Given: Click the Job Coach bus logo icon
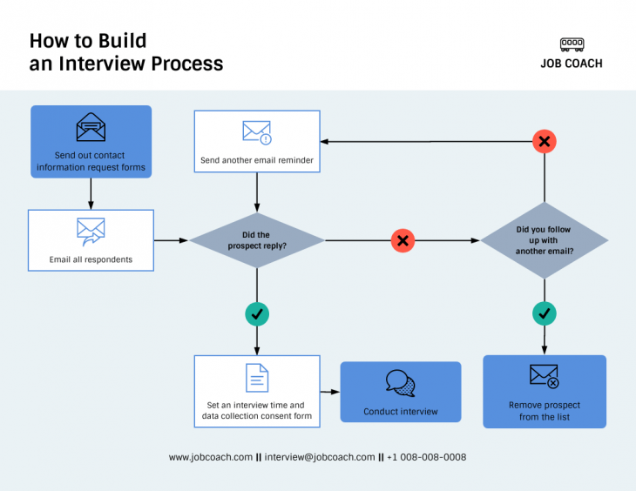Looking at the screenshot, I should click(x=572, y=44).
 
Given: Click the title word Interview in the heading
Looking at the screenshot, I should click(x=102, y=64).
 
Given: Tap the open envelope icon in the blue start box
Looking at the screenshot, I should click(x=91, y=128).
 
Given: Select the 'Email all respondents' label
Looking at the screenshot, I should click(x=91, y=259).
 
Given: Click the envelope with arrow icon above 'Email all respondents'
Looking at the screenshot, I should click(x=91, y=231).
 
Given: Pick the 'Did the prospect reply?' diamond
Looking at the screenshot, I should click(x=256, y=240).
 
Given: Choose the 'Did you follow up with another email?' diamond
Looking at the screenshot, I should click(x=545, y=240).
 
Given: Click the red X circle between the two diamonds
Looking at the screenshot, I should click(x=402, y=240).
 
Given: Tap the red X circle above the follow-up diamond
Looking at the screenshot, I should click(x=545, y=141).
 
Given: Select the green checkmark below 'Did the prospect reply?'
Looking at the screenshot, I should click(x=256, y=313).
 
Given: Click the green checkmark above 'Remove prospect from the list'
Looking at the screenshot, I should click(x=545, y=313).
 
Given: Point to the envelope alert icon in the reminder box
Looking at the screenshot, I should click(x=257, y=132).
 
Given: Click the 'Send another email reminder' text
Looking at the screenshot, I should click(x=257, y=160).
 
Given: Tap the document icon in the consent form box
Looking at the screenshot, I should click(x=257, y=378).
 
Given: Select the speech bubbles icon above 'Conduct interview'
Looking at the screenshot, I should click(x=401, y=383).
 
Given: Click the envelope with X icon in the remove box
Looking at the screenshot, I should click(x=545, y=376).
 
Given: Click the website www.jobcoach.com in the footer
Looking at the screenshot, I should click(x=210, y=457).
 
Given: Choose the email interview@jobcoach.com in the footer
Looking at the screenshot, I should click(x=320, y=457).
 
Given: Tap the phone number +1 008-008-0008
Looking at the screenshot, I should click(x=426, y=457).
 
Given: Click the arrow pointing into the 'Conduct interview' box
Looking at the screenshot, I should click(x=330, y=393).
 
